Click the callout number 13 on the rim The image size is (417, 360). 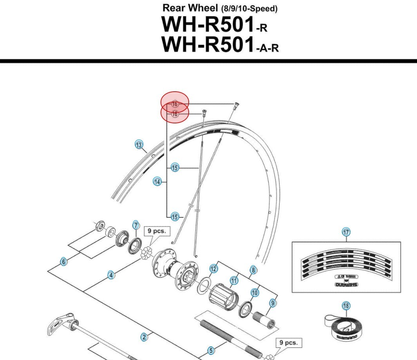click(139, 145)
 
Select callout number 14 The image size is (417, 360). click(157, 182)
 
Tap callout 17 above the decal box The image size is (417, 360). click(346, 232)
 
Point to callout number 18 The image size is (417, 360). click(346, 306)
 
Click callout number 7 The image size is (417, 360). click(136, 225)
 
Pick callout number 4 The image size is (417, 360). click(111, 275)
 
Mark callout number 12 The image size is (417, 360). click(213, 269)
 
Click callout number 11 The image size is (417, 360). click(234, 280)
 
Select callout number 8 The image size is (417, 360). click(253, 270)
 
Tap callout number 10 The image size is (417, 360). click(255, 292)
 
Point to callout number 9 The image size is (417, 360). click(273, 303)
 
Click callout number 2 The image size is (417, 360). click(144, 337)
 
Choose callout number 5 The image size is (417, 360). click(211, 351)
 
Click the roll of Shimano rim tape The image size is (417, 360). click(341, 327)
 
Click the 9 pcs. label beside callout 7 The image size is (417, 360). click(157, 231)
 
